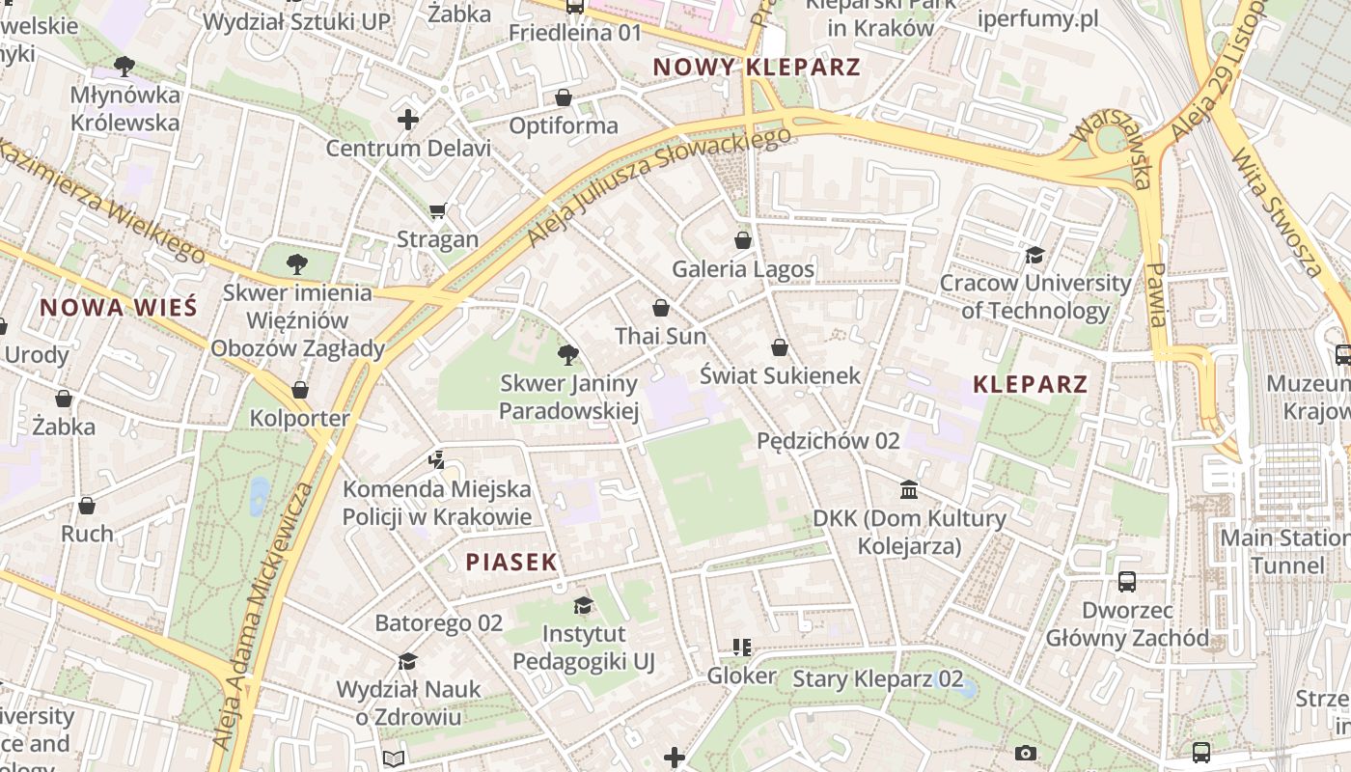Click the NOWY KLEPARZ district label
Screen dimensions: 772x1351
click(757, 68)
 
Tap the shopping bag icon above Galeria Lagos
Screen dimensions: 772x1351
click(743, 239)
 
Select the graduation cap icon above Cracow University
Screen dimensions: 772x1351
click(1034, 255)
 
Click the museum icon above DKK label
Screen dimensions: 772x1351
click(909, 489)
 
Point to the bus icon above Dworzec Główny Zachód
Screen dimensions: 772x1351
click(1127, 581)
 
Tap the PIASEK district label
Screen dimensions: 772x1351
click(511, 562)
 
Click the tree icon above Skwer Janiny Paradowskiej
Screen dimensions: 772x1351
click(568, 354)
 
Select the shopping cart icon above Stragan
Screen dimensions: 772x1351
click(438, 210)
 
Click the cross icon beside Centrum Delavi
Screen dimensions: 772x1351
click(408, 120)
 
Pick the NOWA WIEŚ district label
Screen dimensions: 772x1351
click(119, 308)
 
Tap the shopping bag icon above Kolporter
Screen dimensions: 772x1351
click(300, 390)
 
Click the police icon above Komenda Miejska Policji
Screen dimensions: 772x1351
click(437, 459)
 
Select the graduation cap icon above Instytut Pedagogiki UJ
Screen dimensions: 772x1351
click(583, 605)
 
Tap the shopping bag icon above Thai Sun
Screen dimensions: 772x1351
click(661, 308)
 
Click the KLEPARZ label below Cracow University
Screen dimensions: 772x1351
click(1031, 384)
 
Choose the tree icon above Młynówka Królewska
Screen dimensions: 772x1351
click(124, 66)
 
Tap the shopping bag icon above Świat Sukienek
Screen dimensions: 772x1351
click(780, 346)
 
